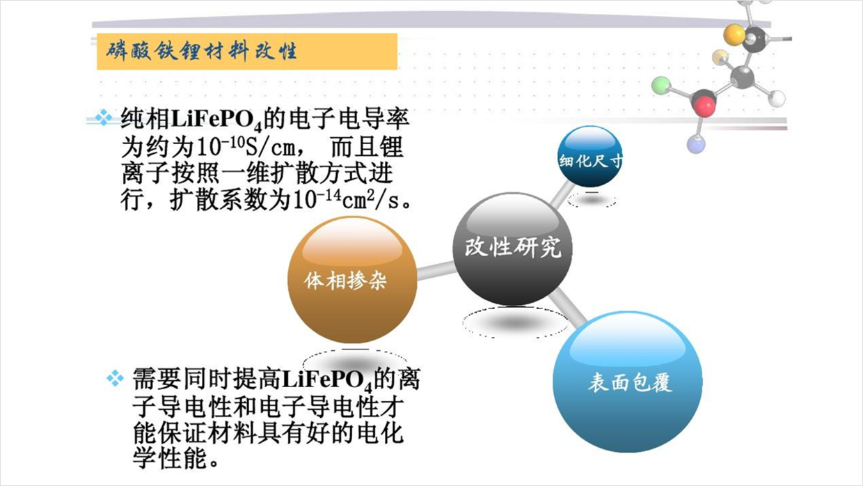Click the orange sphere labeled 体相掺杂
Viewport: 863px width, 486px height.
point(352,280)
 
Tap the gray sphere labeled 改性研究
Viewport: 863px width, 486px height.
point(512,249)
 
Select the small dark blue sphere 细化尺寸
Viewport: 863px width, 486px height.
point(589,157)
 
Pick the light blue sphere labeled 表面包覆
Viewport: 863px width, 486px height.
point(627,382)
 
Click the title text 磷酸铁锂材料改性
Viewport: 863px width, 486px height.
point(202,52)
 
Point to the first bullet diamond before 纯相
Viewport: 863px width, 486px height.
point(104,118)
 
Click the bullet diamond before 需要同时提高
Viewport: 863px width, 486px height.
point(116,378)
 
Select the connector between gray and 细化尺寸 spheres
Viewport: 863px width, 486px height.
point(562,195)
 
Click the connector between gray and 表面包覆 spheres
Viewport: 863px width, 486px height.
point(567,309)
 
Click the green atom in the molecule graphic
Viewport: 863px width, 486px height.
point(661,85)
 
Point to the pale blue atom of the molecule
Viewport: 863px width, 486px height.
point(696,145)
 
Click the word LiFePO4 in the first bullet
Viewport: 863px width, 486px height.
point(217,120)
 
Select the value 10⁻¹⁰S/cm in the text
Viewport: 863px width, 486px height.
point(246,146)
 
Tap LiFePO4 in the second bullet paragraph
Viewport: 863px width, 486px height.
point(328,380)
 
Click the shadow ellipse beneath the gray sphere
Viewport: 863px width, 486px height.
point(515,322)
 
